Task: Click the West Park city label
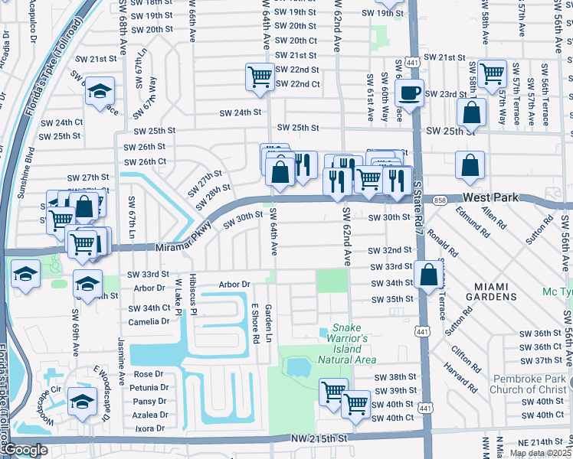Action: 490,197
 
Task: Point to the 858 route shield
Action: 439,200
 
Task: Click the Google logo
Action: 25,451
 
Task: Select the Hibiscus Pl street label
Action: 194,296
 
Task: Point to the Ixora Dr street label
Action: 151,428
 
